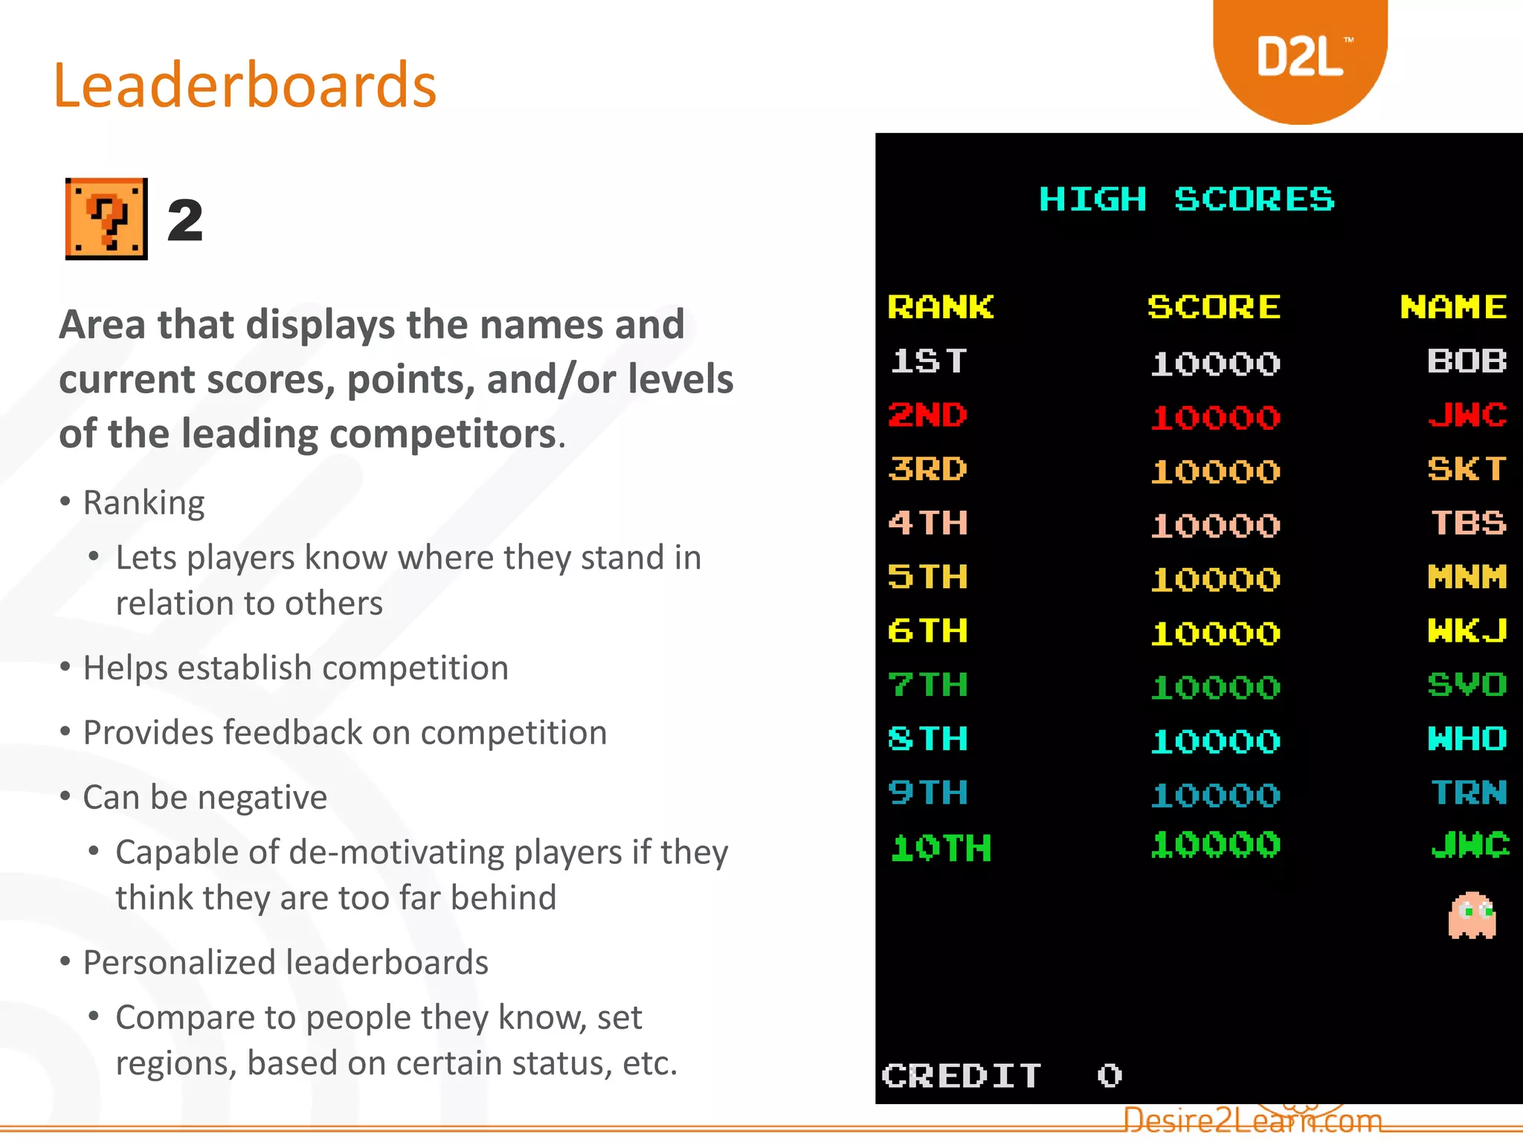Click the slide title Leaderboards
point(245,86)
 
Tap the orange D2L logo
point(1300,58)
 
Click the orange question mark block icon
point(106,219)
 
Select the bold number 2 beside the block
point(185,221)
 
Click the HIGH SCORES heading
point(1186,199)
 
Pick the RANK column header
point(940,307)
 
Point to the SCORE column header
point(1214,307)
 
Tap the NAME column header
point(1453,307)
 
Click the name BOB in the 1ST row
point(1466,361)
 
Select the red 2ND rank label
point(927,415)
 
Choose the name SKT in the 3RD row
point(1466,469)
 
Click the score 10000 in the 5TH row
point(1215,579)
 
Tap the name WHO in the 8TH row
point(1466,739)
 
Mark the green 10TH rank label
point(941,848)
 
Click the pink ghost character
point(1472,915)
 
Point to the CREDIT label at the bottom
point(961,1076)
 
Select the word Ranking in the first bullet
point(144,503)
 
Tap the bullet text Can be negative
point(205,798)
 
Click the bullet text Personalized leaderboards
point(286,963)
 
